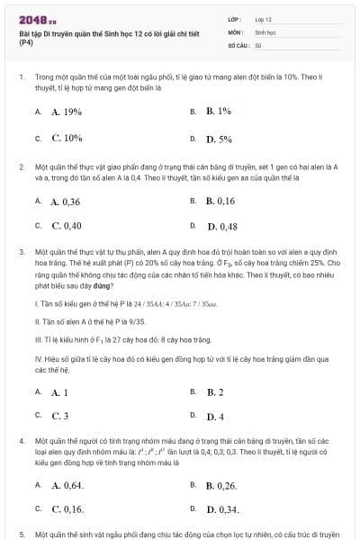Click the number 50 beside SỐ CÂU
coord(258,44)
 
